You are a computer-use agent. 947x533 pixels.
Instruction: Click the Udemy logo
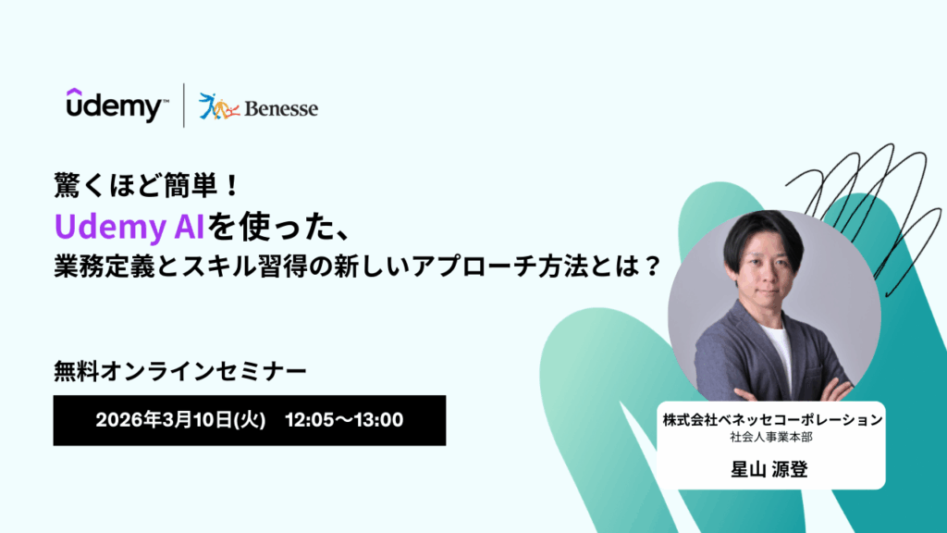(x=116, y=105)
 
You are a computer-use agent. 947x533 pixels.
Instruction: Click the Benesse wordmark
(x=281, y=109)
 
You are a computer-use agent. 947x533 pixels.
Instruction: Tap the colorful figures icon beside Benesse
(x=218, y=106)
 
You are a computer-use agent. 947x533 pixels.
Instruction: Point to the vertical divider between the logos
(x=184, y=105)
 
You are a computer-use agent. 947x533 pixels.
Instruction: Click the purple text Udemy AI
(x=129, y=228)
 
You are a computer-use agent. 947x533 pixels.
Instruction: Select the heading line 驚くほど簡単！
(x=147, y=185)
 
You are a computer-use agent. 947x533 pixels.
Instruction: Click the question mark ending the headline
(x=652, y=266)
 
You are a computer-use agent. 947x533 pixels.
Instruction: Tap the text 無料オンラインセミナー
(x=180, y=371)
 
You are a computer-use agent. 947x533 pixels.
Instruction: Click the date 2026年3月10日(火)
(x=180, y=420)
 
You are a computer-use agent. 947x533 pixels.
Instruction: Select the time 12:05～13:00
(x=344, y=420)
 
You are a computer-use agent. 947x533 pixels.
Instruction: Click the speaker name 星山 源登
(x=769, y=469)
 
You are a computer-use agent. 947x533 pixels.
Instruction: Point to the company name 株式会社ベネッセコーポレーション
(x=772, y=420)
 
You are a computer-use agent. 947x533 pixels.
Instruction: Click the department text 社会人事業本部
(x=771, y=438)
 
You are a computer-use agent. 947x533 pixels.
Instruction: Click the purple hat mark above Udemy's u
(x=74, y=93)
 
